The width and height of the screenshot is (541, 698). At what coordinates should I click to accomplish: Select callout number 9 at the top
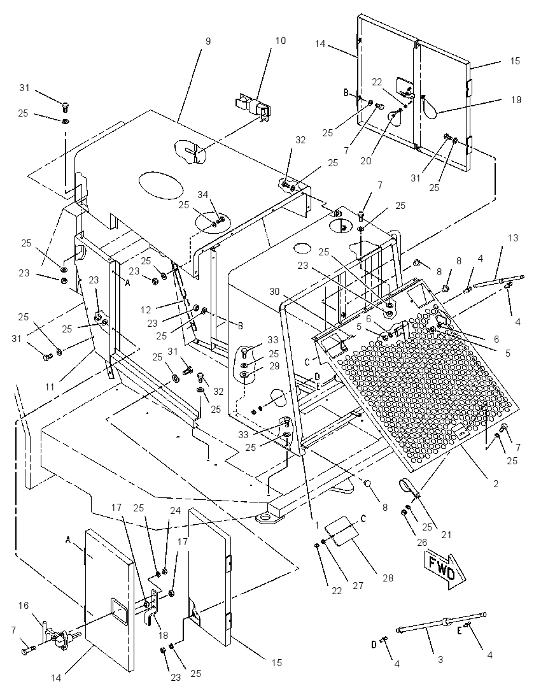(x=208, y=41)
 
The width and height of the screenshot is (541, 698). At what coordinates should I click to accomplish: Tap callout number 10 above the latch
(x=280, y=41)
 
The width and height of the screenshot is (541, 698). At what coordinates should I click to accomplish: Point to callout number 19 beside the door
(x=516, y=100)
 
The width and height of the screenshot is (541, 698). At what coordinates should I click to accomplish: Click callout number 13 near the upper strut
(x=513, y=238)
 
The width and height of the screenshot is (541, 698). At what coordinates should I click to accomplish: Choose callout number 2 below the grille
(x=496, y=483)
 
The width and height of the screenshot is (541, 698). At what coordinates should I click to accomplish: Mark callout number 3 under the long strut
(x=440, y=659)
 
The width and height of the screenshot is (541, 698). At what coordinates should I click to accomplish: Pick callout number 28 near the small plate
(x=388, y=578)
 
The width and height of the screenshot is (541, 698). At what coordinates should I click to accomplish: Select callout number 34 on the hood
(x=203, y=194)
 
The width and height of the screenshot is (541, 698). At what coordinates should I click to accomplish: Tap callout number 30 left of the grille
(x=274, y=291)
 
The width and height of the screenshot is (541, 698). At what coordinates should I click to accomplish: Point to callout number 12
(x=146, y=309)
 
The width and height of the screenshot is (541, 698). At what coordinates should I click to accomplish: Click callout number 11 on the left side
(x=50, y=387)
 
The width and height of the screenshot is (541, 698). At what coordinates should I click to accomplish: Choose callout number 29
(x=274, y=366)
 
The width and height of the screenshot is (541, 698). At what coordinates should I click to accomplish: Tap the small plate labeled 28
(x=342, y=531)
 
